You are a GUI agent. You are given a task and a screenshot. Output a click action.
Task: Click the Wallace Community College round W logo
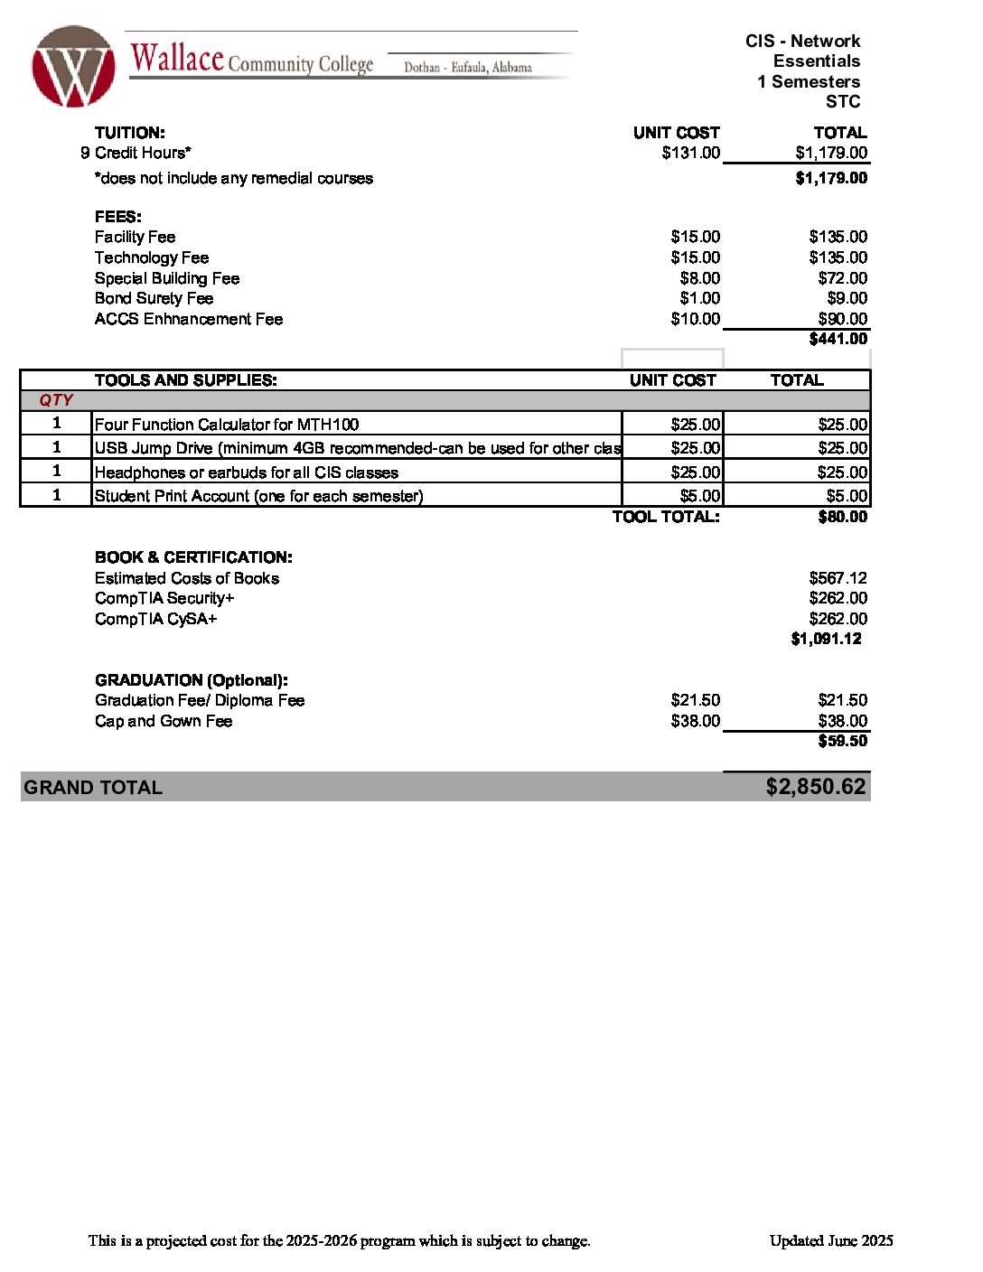pyautogui.click(x=73, y=67)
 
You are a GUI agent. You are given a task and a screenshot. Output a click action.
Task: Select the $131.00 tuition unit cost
pyautogui.click(x=690, y=153)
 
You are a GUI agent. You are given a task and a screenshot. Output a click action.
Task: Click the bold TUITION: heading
pyautogui.click(x=129, y=133)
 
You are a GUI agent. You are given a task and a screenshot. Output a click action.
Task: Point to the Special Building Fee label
pyautogui.click(x=167, y=278)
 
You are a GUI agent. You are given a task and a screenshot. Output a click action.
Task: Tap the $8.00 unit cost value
pyautogui.click(x=699, y=278)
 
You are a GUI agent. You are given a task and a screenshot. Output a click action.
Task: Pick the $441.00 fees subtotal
pyautogui.click(x=838, y=339)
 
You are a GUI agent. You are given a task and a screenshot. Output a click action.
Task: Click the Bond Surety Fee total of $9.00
pyautogui.click(x=847, y=298)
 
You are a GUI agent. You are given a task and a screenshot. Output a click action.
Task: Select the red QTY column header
pyautogui.click(x=56, y=400)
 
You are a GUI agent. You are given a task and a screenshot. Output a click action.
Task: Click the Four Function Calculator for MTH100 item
pyautogui.click(x=227, y=425)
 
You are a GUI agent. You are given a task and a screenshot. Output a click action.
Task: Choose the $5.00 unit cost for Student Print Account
pyautogui.click(x=699, y=496)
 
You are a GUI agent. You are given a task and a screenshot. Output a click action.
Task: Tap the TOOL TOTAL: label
pyautogui.click(x=666, y=517)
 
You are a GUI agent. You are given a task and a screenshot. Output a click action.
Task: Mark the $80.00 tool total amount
pyautogui.click(x=842, y=517)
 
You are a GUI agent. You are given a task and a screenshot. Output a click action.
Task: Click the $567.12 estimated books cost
pyautogui.click(x=838, y=578)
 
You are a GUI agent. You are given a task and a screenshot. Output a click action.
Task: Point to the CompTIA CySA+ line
pyautogui.click(x=156, y=619)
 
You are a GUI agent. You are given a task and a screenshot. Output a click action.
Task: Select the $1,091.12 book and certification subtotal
pyautogui.click(x=826, y=639)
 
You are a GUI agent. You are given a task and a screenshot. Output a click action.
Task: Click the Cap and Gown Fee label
pyautogui.click(x=164, y=721)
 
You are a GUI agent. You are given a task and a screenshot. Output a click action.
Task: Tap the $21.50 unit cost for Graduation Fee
pyautogui.click(x=695, y=700)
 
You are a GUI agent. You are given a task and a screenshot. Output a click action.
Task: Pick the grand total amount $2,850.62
pyautogui.click(x=815, y=787)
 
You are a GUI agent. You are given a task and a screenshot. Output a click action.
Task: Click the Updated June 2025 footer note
pyautogui.click(x=831, y=1240)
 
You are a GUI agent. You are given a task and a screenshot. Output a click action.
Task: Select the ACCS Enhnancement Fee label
pyautogui.click(x=189, y=319)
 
